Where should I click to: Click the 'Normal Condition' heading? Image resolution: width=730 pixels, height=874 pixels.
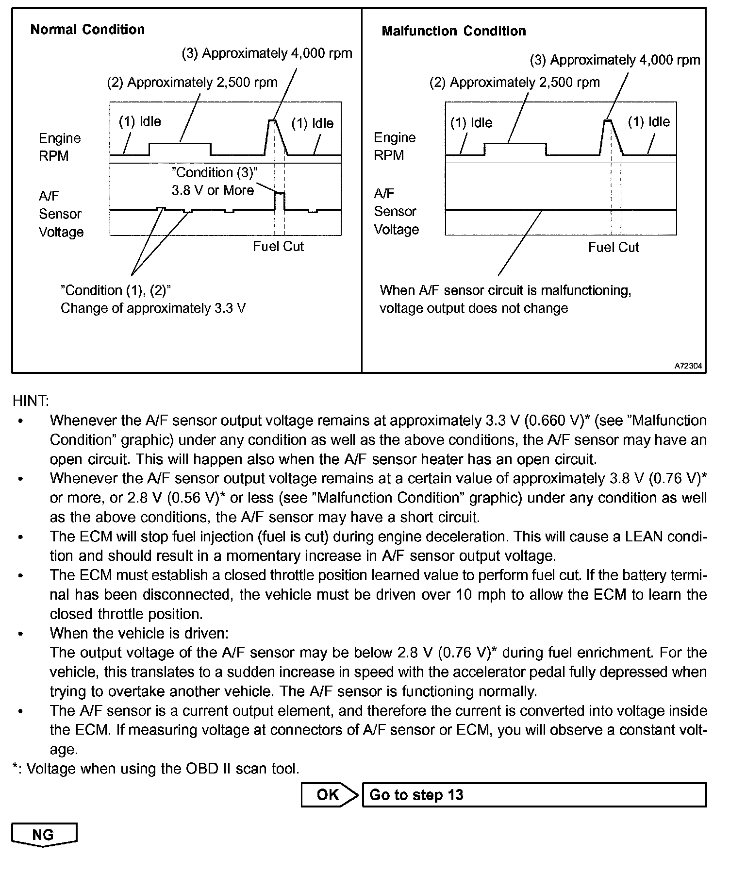tap(87, 30)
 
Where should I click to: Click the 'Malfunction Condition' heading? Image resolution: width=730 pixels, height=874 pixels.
tap(454, 31)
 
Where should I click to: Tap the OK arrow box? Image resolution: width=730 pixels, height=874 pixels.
tap(329, 795)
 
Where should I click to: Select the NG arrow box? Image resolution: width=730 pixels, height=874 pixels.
tap(44, 835)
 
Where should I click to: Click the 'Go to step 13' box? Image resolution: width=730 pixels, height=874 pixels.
tap(534, 795)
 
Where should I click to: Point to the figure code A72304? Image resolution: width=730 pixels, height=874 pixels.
tap(688, 366)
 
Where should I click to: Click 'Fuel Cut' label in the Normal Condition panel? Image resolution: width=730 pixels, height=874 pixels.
tap(278, 247)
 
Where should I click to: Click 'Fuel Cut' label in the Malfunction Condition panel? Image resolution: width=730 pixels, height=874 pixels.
tap(614, 248)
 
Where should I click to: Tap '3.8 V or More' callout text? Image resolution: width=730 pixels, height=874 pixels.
tap(213, 190)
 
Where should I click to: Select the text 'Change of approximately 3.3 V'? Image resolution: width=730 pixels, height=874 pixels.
tap(153, 308)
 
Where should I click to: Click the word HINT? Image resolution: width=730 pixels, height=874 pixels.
tap(31, 401)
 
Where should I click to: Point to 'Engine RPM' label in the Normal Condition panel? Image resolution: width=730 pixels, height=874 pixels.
tap(60, 147)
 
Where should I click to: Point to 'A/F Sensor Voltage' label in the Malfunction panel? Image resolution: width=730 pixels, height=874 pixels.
tap(396, 212)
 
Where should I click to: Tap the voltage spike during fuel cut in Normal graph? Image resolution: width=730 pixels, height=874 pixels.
tap(280, 194)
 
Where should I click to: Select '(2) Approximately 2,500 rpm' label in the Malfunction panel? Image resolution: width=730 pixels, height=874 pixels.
tap(514, 83)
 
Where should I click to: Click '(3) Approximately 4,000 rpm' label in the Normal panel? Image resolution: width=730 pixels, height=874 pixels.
tap(267, 53)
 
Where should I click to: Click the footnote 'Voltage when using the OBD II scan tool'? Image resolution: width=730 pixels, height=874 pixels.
tap(163, 769)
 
